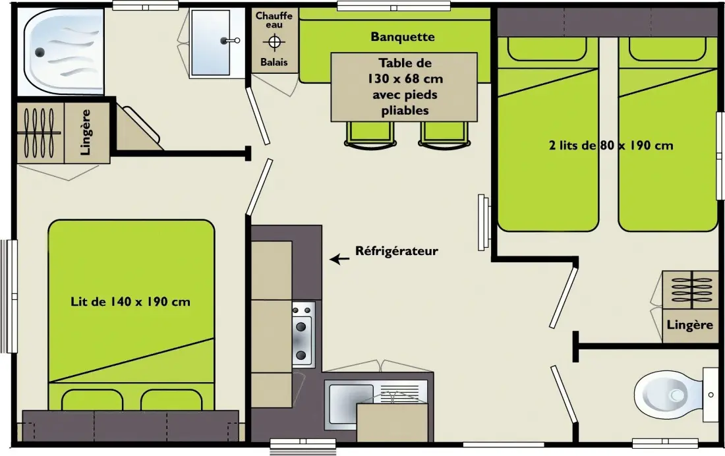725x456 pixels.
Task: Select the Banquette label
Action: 403,37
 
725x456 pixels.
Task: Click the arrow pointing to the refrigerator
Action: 339,259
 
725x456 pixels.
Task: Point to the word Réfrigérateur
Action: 397,251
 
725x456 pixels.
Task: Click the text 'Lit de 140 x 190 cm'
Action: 130,302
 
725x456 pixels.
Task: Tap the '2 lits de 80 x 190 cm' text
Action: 611,145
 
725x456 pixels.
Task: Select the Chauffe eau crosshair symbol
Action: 274,43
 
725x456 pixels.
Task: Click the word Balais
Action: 274,62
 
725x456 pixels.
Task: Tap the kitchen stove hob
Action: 303,334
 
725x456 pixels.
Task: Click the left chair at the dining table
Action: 370,135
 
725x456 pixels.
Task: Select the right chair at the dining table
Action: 444,135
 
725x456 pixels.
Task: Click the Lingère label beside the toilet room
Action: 689,325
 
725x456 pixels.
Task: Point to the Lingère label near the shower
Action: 86,132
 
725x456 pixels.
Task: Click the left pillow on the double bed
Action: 92,399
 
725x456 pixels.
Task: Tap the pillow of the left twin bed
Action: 547,49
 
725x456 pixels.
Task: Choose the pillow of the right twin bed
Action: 668,49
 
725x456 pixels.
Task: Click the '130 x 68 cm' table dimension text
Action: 405,78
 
